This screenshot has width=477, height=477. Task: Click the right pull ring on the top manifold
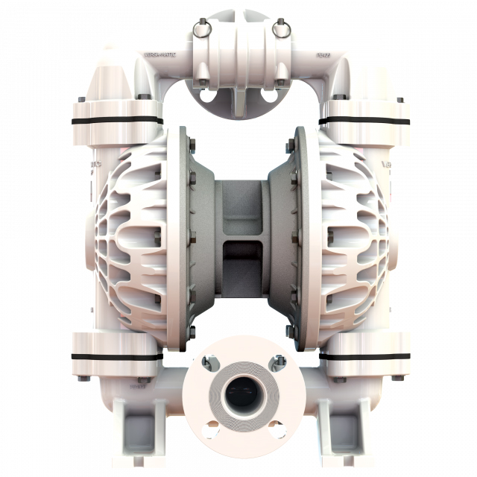point(280,28)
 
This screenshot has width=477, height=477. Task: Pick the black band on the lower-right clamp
point(365,356)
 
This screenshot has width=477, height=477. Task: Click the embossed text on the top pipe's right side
point(322,55)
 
